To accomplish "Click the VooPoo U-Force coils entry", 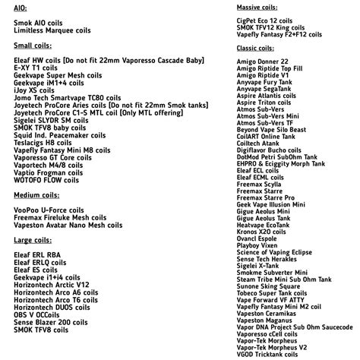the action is (55, 209).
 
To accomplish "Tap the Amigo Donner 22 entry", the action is (262, 61).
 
